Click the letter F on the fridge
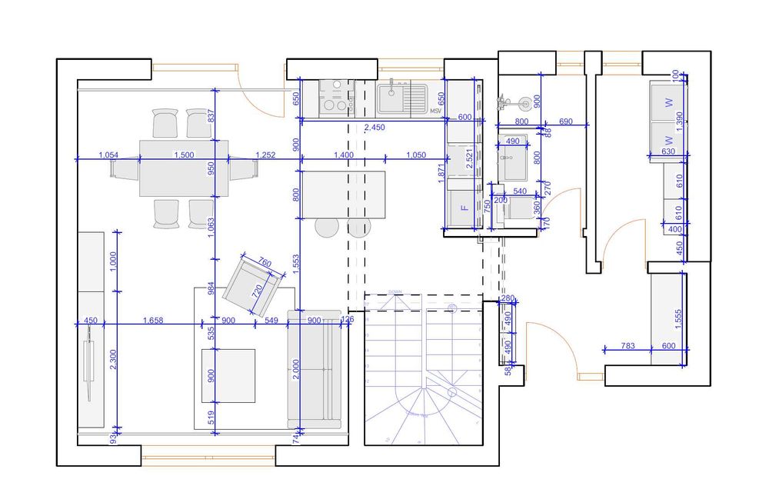[x=464, y=208]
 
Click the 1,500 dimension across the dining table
[x=184, y=155]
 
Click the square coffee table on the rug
[x=228, y=375]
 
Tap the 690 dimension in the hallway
[x=565, y=121]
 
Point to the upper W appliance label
[x=669, y=101]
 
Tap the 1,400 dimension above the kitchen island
[x=344, y=155]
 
